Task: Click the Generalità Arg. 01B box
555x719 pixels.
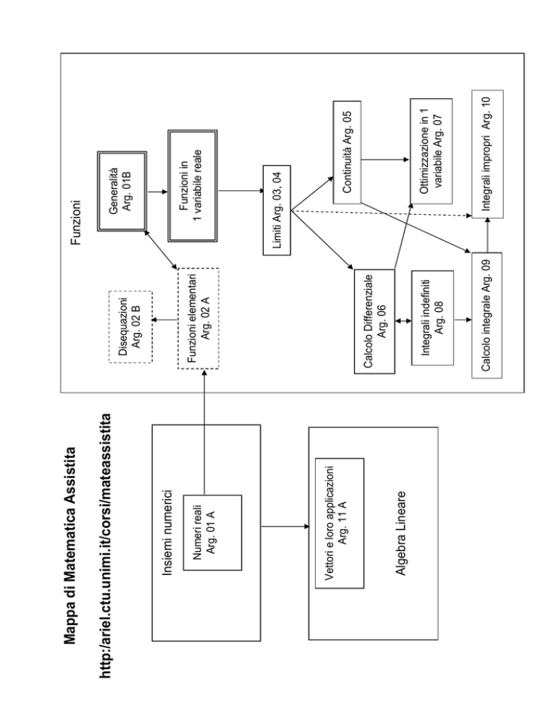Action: click(x=122, y=191)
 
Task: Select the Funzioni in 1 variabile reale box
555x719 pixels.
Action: click(x=192, y=186)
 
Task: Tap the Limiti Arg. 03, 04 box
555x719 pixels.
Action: click(x=277, y=210)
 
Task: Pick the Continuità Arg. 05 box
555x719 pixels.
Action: click(x=347, y=152)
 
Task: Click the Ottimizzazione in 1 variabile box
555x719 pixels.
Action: click(x=431, y=151)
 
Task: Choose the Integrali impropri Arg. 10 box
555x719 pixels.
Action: click(x=487, y=154)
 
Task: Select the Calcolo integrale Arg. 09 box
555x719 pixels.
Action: click(x=487, y=315)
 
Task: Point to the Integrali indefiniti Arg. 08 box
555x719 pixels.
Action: click(x=433, y=318)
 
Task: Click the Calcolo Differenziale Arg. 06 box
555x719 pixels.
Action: click(x=374, y=321)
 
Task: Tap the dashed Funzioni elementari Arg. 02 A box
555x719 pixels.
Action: click(x=198, y=318)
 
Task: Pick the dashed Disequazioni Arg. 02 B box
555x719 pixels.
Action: click(x=131, y=327)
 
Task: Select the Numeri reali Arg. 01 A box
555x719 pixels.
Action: click(x=212, y=532)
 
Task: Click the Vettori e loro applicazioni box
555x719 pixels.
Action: click(x=340, y=523)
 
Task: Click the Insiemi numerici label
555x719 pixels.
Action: click(x=168, y=533)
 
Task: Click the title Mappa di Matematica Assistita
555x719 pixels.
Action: click(x=70, y=545)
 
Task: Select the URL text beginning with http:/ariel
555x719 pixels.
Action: click(x=105, y=545)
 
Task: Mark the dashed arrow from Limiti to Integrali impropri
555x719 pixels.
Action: click(x=382, y=213)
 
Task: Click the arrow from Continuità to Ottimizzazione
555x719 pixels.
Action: click(x=385, y=160)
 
